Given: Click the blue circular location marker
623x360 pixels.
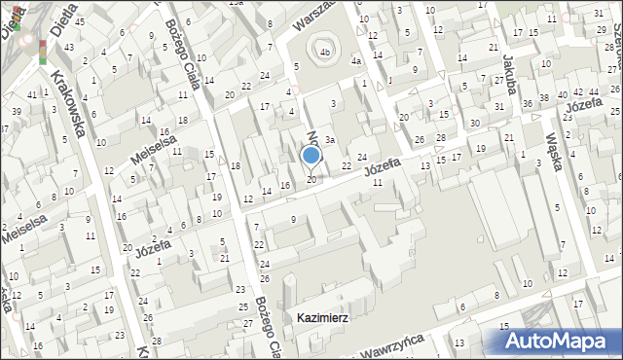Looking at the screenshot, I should click(x=311, y=155).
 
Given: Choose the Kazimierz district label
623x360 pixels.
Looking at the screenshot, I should click(x=323, y=318).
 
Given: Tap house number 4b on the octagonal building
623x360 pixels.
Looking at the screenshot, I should click(x=325, y=53).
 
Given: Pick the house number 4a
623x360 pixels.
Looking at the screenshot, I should click(x=357, y=61).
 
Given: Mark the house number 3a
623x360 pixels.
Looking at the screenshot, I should click(x=330, y=140).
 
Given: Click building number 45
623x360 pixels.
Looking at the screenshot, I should click(x=79, y=21).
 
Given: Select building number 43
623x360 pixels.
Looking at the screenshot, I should click(x=67, y=47).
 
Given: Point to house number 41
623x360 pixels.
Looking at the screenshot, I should click(x=32, y=94).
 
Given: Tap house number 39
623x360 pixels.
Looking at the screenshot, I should click(x=16, y=112).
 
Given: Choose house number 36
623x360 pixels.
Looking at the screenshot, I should click(x=527, y=104).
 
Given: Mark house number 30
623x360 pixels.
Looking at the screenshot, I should click(x=474, y=123).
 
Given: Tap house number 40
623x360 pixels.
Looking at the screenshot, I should click(x=562, y=95).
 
